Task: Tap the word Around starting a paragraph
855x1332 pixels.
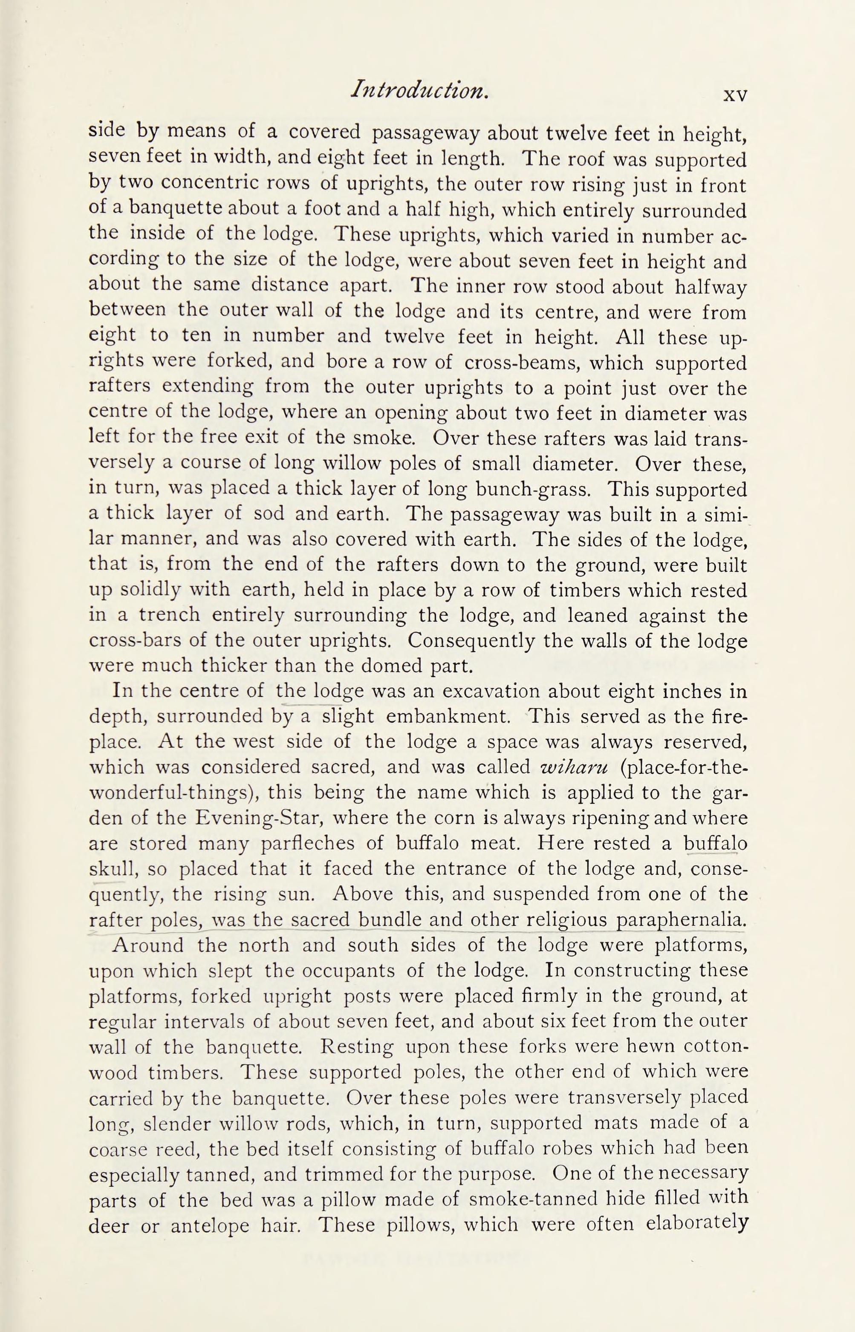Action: (147, 945)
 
